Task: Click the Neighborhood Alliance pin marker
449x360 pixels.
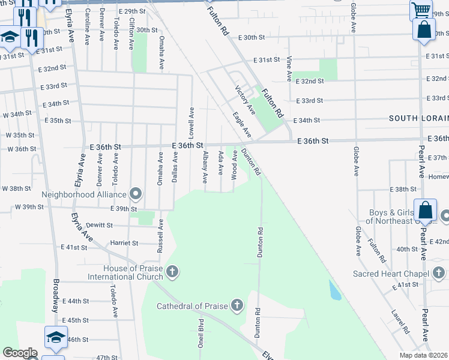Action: pyautogui.click(x=136, y=194)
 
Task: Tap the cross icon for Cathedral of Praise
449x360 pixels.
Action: pyautogui.click(x=237, y=306)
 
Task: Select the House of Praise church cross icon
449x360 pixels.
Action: pyautogui.click(x=172, y=272)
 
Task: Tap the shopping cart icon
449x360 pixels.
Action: pyautogui.click(x=421, y=10)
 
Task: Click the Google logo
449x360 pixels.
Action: pyautogui.click(x=20, y=353)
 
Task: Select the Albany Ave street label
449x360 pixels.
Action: pyautogui.click(x=205, y=167)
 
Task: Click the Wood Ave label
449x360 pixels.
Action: pyautogui.click(x=234, y=164)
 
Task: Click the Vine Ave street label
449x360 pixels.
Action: pyautogui.click(x=289, y=69)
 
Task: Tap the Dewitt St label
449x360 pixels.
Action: pyautogui.click(x=100, y=225)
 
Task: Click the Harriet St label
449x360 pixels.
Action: pyautogui.click(x=124, y=243)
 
